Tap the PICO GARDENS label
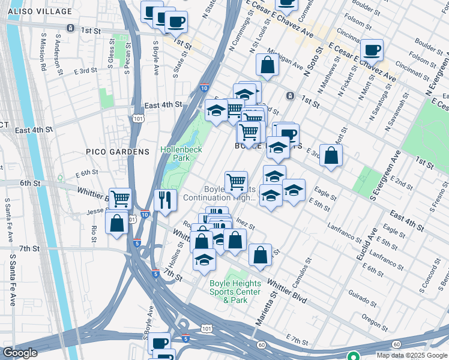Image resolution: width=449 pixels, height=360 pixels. [x=118, y=152]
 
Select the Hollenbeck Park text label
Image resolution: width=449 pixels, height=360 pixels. [x=181, y=153]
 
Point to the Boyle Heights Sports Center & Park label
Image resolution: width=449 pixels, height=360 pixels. [x=235, y=291]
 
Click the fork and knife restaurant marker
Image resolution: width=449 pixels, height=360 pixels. [x=165, y=199]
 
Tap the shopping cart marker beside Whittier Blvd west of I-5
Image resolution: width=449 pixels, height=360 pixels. [x=121, y=198]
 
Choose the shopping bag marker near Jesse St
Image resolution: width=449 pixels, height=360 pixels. [x=117, y=223]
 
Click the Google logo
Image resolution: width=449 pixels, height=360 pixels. [x=19, y=353]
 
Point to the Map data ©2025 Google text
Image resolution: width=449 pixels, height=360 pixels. [x=412, y=355]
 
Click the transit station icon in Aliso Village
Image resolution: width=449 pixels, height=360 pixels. [x=71, y=28]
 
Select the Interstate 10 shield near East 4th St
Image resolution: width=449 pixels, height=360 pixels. [x=204, y=87]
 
